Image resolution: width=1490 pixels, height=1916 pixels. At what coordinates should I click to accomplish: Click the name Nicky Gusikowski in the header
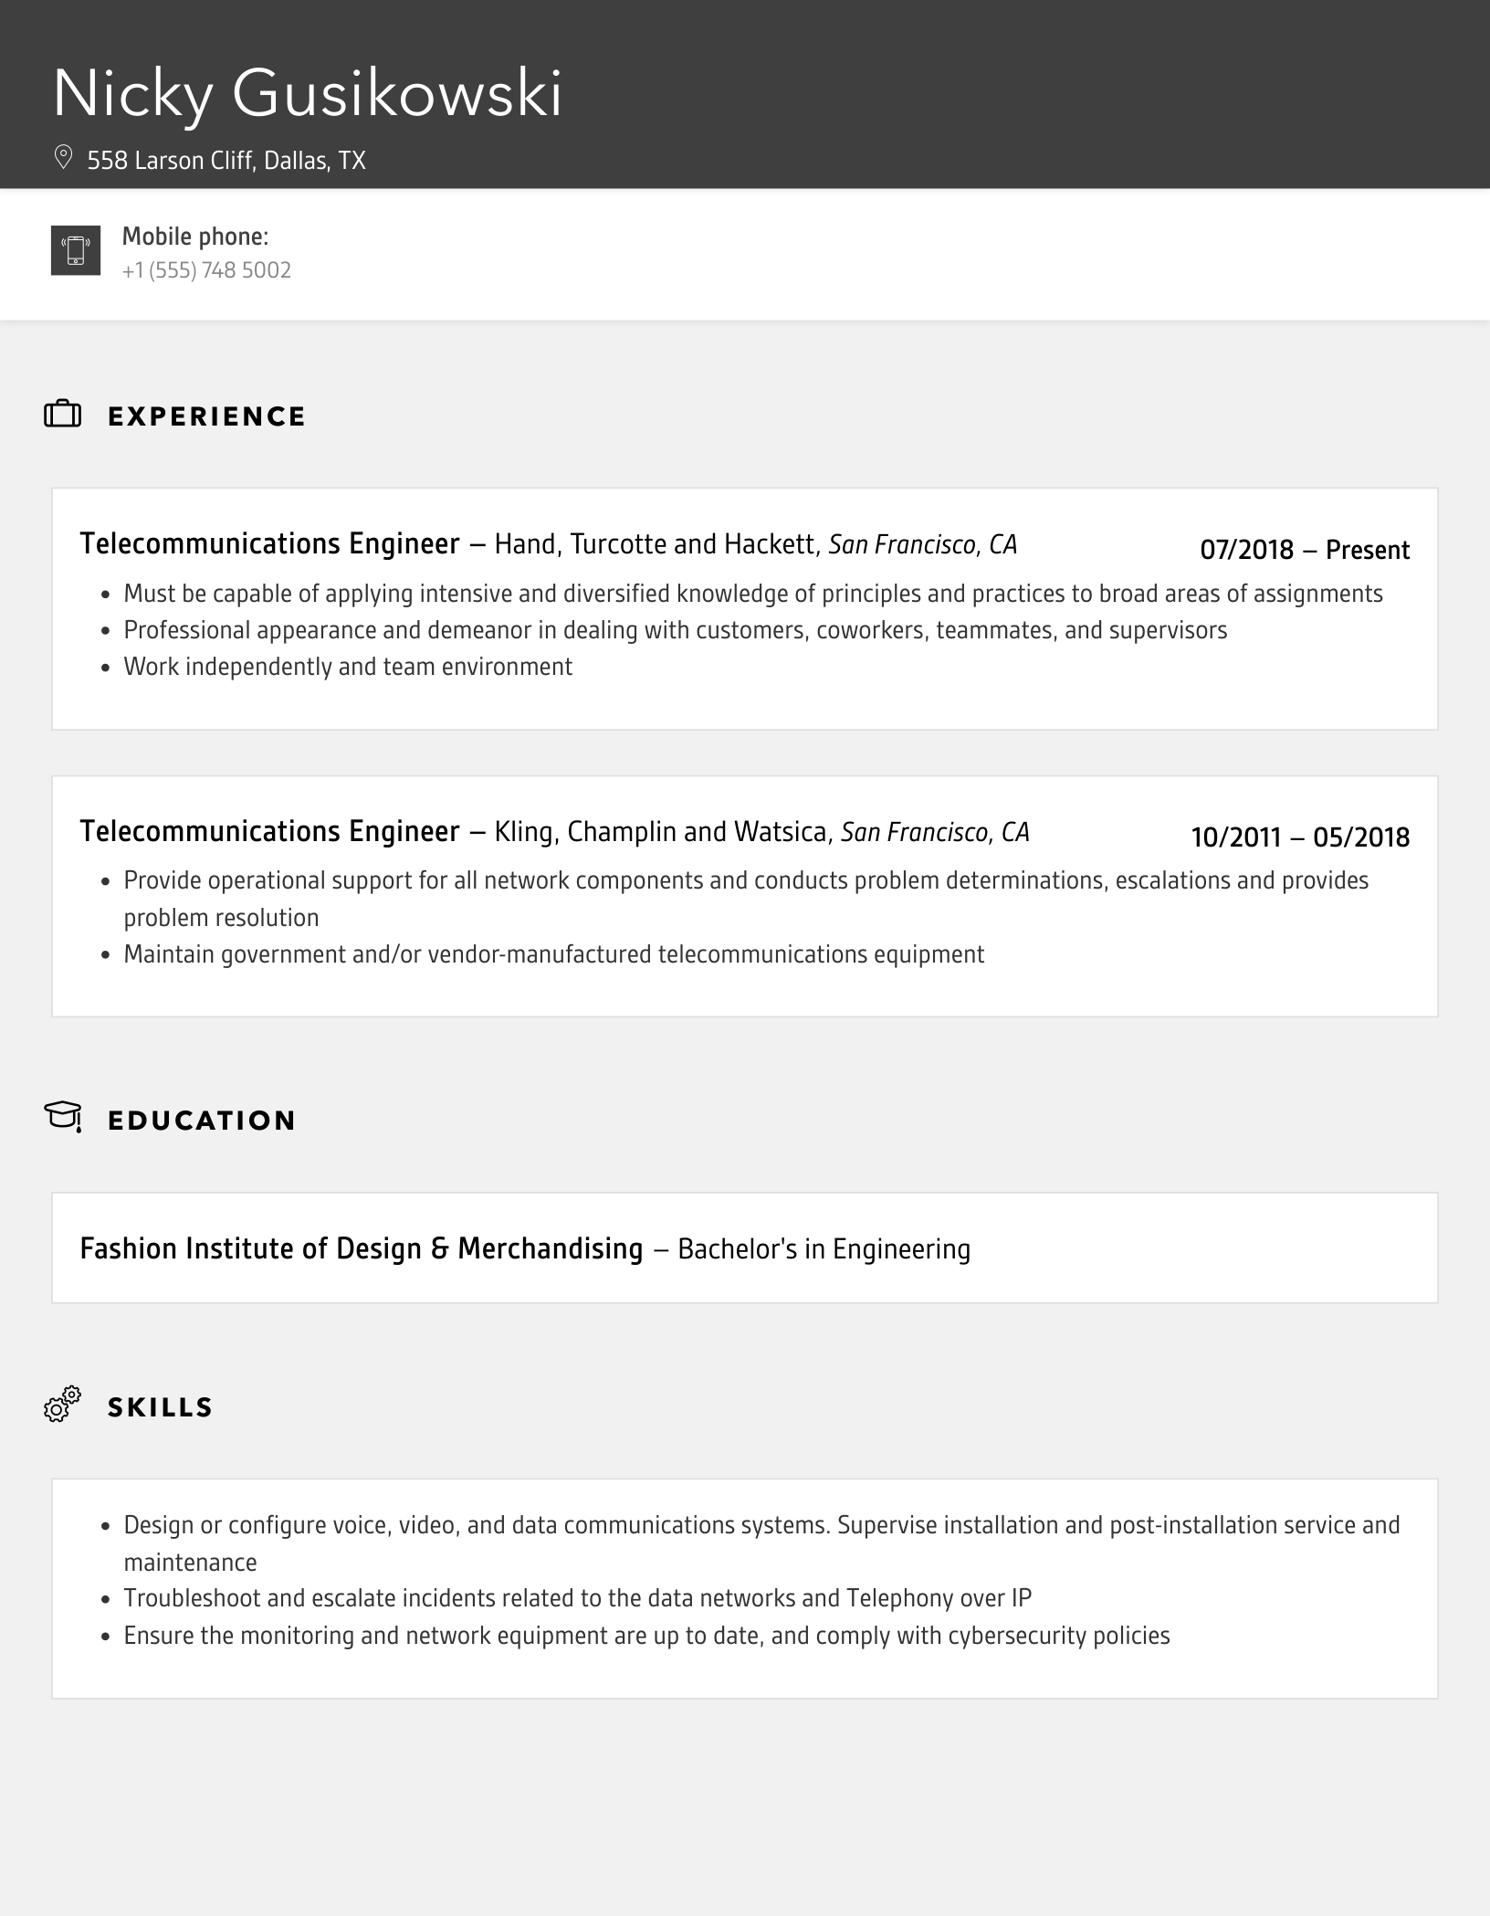click(307, 94)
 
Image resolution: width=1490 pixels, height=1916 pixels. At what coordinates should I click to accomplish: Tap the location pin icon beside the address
click(63, 158)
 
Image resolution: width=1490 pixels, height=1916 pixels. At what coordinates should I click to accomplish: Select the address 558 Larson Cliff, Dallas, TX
click(226, 161)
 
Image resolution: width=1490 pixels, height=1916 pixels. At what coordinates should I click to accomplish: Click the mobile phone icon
click(76, 250)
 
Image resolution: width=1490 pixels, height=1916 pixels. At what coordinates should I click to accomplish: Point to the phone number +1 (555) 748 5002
click(206, 270)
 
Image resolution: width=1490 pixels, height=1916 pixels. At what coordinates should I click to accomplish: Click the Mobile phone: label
click(195, 237)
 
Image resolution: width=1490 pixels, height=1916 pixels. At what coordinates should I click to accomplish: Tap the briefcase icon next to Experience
click(63, 415)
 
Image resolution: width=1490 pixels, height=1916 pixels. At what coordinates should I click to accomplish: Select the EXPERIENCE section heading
click(206, 416)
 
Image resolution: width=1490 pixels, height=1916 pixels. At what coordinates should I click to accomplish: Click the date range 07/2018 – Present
click(1304, 550)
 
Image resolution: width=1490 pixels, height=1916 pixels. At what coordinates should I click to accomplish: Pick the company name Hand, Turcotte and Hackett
click(655, 544)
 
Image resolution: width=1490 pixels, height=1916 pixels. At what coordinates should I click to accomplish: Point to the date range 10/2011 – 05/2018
click(1299, 837)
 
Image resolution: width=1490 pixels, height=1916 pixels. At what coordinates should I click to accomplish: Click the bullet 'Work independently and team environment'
click(348, 667)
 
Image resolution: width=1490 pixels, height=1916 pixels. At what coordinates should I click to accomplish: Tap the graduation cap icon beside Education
click(63, 1116)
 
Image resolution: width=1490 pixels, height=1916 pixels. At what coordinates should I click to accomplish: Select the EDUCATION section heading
click(202, 1121)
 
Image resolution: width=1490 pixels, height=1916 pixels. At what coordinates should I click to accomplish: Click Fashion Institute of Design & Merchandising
click(361, 1248)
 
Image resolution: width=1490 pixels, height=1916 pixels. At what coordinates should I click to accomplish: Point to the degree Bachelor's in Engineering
click(824, 1249)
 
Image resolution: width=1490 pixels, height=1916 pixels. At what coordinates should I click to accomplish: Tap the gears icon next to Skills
click(63, 1404)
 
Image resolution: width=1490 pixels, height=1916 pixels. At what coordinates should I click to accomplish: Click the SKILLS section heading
click(160, 1407)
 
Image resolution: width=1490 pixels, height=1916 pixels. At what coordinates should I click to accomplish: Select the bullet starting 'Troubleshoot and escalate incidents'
click(577, 1598)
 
